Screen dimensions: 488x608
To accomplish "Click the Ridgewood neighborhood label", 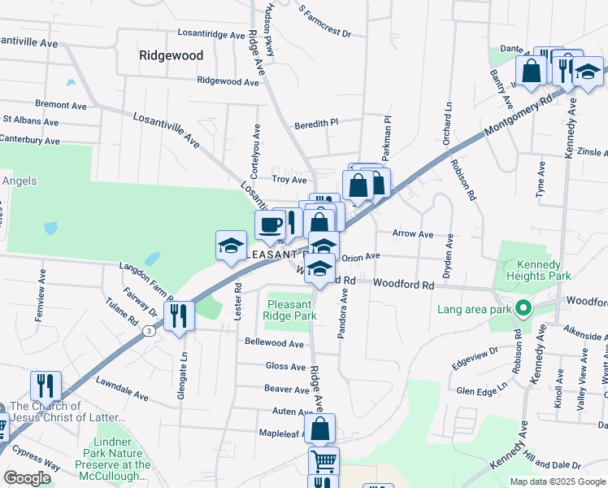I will tap(171, 55).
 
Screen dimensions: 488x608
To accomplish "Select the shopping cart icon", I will tap(323, 461).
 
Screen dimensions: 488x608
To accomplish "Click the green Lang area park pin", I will tap(524, 309).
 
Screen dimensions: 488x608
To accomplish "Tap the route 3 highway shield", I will tap(148, 331).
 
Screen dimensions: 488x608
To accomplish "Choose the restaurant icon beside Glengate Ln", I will tap(179, 316).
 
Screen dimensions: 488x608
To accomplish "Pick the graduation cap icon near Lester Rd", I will tap(231, 245).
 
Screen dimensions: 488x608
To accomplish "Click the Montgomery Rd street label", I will tap(518, 115).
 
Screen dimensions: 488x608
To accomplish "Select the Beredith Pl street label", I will tap(315, 123).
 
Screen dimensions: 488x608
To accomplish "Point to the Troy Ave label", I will tap(289, 180).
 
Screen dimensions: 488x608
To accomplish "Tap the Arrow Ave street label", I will tap(413, 233).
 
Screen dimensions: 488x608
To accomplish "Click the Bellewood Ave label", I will tap(274, 343).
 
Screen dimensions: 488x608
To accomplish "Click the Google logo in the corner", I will tap(27, 478).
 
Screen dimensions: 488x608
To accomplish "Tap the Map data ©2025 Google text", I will tap(557, 481).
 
